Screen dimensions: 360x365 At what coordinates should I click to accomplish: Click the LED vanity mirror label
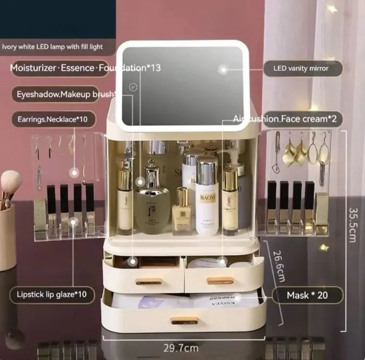304,68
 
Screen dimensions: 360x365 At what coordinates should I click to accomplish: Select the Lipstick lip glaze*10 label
52,295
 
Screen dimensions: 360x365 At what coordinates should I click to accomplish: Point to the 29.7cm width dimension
180,348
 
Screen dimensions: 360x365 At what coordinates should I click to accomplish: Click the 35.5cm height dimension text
354,217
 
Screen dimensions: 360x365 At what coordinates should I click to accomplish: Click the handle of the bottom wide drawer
184,320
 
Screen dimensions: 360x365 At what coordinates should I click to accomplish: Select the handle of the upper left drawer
148,281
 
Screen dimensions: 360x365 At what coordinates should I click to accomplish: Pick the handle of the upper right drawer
220,281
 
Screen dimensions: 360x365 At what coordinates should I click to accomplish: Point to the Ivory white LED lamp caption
52,47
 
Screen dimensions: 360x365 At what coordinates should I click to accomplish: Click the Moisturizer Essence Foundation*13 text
85,68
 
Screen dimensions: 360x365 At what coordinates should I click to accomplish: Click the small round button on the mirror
134,87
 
